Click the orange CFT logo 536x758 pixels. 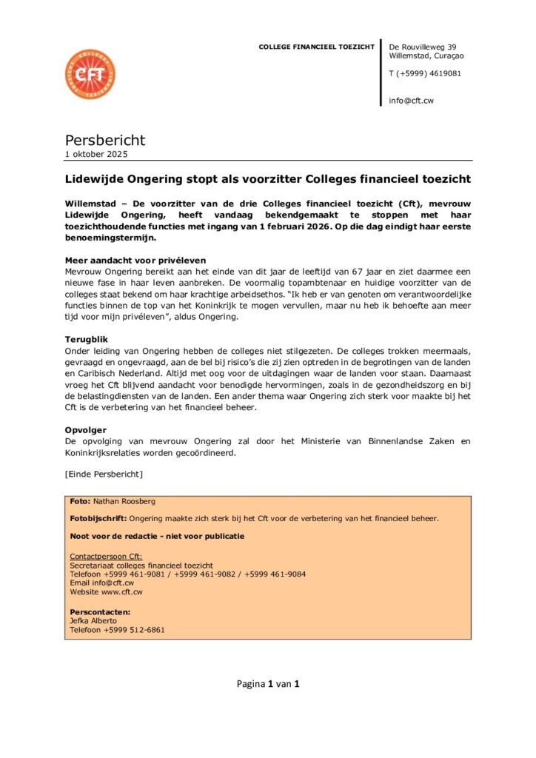point(90,75)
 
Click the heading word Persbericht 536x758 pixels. point(105,140)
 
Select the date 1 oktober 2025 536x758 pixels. point(96,155)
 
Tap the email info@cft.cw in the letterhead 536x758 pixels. point(411,101)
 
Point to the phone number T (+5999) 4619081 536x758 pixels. point(425,73)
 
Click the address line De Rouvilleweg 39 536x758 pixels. point(423,47)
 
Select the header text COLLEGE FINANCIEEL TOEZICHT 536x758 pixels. point(316,47)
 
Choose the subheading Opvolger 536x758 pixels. point(86,429)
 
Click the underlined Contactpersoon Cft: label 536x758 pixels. point(106,556)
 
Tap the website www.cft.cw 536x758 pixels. point(123,592)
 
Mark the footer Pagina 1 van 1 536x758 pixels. point(268,684)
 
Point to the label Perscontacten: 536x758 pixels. point(100,612)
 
